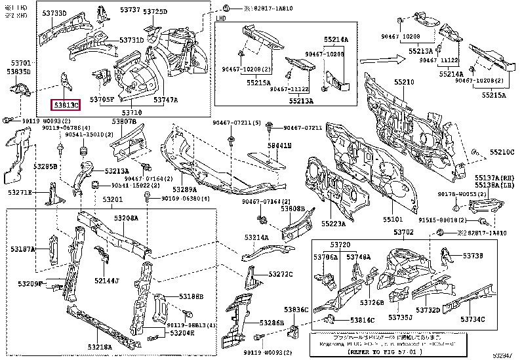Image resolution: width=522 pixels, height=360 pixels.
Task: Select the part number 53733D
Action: tap(73, 12)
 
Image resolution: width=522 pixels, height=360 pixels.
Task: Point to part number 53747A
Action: tap(165, 100)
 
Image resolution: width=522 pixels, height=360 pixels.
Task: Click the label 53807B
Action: tap(124, 121)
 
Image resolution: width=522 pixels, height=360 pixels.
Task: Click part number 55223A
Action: tap(333, 224)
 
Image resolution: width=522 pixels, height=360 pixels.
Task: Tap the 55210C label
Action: tap(502, 153)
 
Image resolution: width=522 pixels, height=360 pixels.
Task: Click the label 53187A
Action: tap(22, 249)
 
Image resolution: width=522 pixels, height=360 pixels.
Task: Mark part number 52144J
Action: tap(106, 281)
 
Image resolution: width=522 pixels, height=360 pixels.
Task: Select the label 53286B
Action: tap(271, 323)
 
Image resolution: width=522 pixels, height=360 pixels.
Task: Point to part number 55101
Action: tap(393, 220)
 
